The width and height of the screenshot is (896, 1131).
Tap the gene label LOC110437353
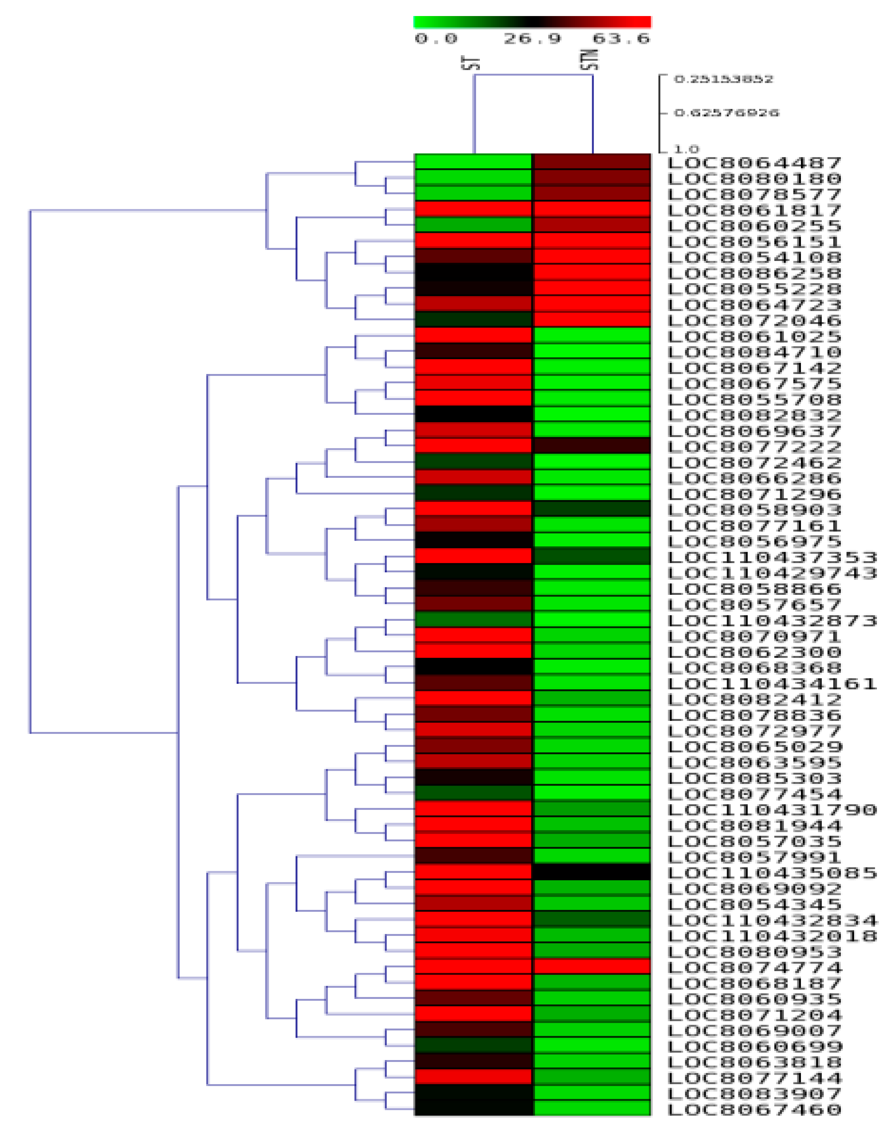pos(772,557)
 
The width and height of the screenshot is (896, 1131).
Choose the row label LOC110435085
pos(772,873)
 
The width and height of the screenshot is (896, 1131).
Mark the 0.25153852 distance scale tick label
pos(723,79)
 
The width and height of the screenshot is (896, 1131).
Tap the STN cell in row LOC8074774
pos(592,967)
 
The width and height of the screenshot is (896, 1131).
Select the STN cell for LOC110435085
pos(592,872)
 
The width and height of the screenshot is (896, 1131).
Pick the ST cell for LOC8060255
pos(473,225)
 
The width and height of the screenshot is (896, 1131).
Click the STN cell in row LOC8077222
pos(592,446)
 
